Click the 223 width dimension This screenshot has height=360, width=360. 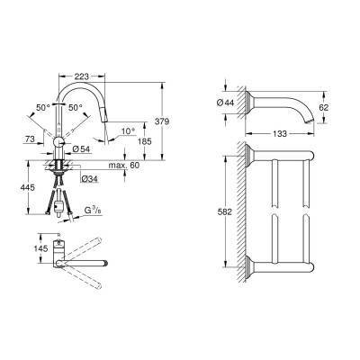point(82,76)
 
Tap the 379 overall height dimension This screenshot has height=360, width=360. point(164,121)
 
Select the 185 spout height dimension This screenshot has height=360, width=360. point(146,141)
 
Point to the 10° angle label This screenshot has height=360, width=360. point(129,130)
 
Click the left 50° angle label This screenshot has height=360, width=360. point(43,107)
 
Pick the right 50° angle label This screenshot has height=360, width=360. point(75,107)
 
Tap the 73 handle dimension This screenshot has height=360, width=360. point(30,139)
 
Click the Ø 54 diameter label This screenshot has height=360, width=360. point(82,148)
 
